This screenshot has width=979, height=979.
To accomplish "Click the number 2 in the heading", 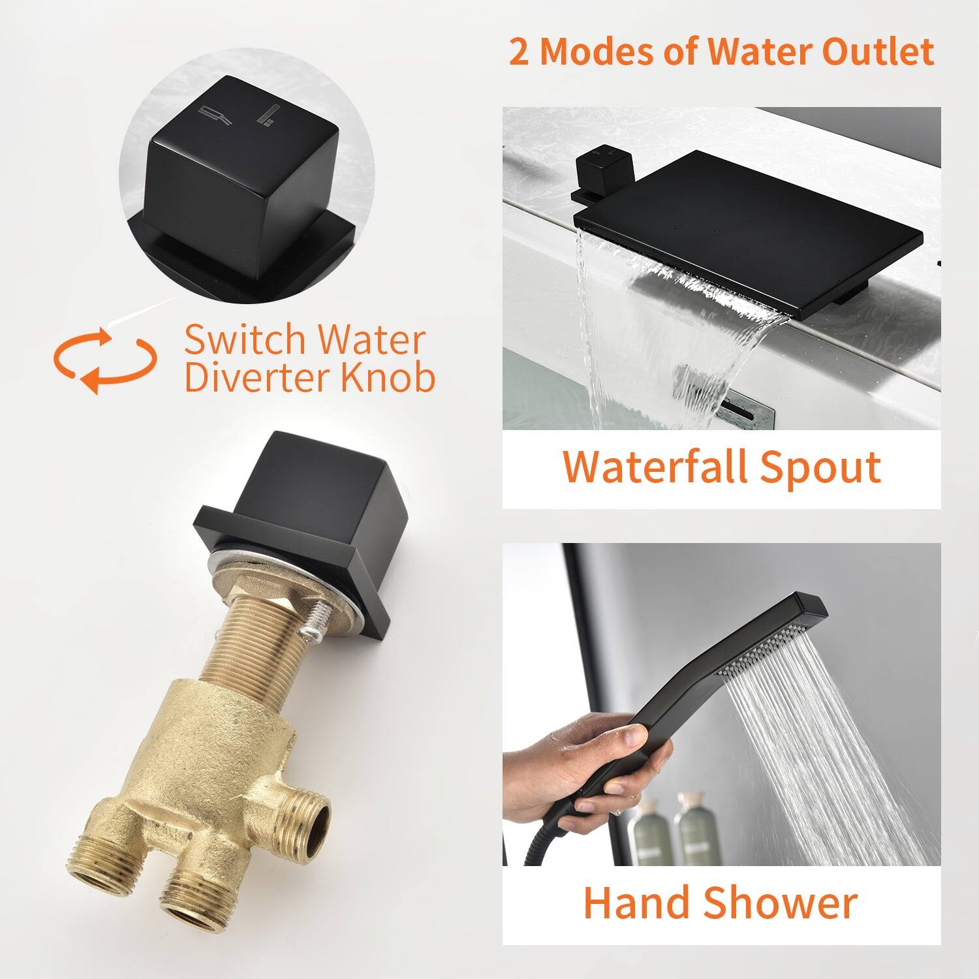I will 519,52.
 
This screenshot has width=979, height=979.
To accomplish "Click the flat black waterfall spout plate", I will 744,222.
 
